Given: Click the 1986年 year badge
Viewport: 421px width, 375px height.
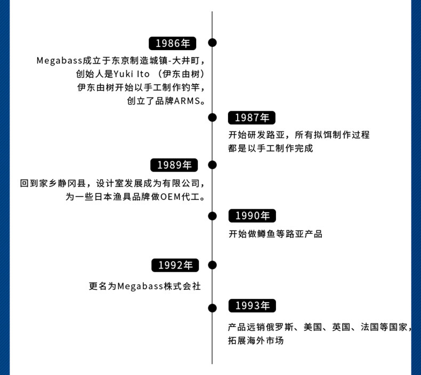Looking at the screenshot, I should tap(173, 43).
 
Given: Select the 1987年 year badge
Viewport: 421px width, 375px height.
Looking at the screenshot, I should tap(252, 118).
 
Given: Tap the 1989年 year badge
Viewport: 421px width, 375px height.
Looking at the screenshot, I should tap(174, 165).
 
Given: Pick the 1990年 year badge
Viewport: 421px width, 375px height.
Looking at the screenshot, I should tap(253, 216).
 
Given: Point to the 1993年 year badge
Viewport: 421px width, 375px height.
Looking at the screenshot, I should tap(253, 306).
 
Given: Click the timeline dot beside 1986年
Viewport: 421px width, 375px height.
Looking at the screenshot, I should tap(212, 43).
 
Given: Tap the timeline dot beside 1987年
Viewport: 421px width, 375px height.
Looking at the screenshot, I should tap(212, 117).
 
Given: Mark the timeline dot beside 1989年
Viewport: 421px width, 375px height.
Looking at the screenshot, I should tap(212, 165).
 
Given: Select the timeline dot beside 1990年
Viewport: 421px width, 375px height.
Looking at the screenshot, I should tap(212, 216).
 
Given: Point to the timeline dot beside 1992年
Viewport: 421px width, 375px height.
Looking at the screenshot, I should tap(212, 265).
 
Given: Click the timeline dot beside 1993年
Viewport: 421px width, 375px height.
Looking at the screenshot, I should tap(212, 307).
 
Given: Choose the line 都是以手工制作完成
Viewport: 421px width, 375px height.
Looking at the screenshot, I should tap(271, 149).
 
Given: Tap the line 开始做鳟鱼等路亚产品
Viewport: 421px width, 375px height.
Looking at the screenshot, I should tap(276, 234).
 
